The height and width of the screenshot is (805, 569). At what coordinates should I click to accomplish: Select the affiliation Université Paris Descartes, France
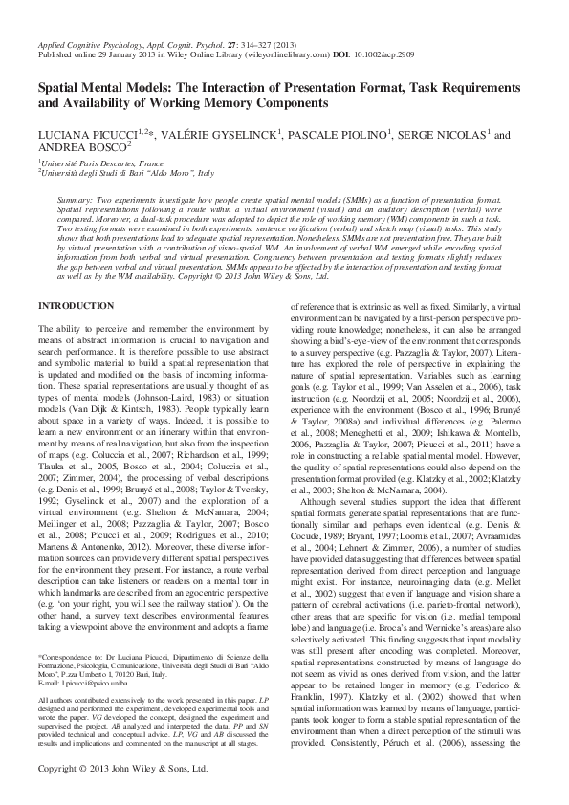(106, 165)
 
